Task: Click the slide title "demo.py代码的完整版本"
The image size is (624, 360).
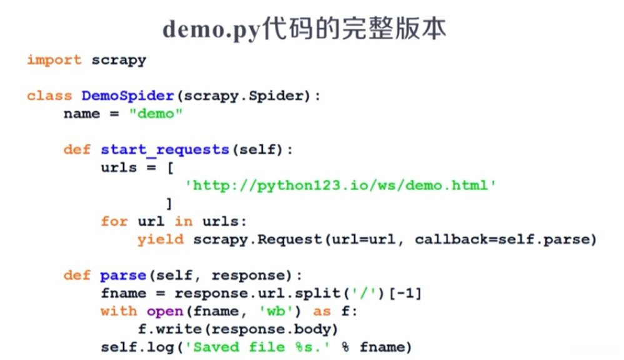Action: [304, 29]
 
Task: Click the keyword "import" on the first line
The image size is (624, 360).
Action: [54, 60]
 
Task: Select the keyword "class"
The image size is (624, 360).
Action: [49, 96]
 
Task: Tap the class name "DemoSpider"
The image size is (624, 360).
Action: [127, 96]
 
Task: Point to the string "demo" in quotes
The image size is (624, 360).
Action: [156, 114]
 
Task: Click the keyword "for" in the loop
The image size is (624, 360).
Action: [114, 222]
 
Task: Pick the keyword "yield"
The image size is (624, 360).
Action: [161, 239]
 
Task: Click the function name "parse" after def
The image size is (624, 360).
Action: [122, 276]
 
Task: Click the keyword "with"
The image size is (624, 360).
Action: [119, 311]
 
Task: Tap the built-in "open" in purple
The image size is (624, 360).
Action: [165, 311]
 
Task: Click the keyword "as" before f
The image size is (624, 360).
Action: [322, 311]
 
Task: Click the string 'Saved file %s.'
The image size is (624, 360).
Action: [262, 347]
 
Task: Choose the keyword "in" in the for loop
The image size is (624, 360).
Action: [184, 222]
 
